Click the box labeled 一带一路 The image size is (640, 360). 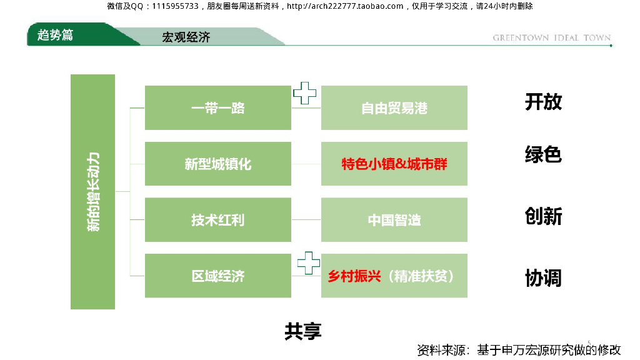[x=217, y=108]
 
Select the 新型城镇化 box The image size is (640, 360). [x=217, y=164]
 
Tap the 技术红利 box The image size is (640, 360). [x=217, y=220]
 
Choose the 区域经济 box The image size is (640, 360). [x=217, y=276]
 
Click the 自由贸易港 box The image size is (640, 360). [x=394, y=108]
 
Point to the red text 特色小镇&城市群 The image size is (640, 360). [x=394, y=164]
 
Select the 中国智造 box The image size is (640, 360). [x=394, y=220]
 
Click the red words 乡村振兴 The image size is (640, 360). [x=354, y=276]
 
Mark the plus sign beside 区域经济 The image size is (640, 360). [x=308, y=263]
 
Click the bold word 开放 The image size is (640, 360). [x=543, y=101]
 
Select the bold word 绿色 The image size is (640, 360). [x=543, y=154]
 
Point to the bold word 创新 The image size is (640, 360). [x=543, y=216]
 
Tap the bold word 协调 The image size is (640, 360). [x=543, y=277]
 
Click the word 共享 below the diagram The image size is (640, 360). [x=303, y=331]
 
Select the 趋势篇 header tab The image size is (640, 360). [x=56, y=35]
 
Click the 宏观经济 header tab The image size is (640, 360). [x=186, y=37]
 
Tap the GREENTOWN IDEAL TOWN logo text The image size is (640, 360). [x=551, y=38]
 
